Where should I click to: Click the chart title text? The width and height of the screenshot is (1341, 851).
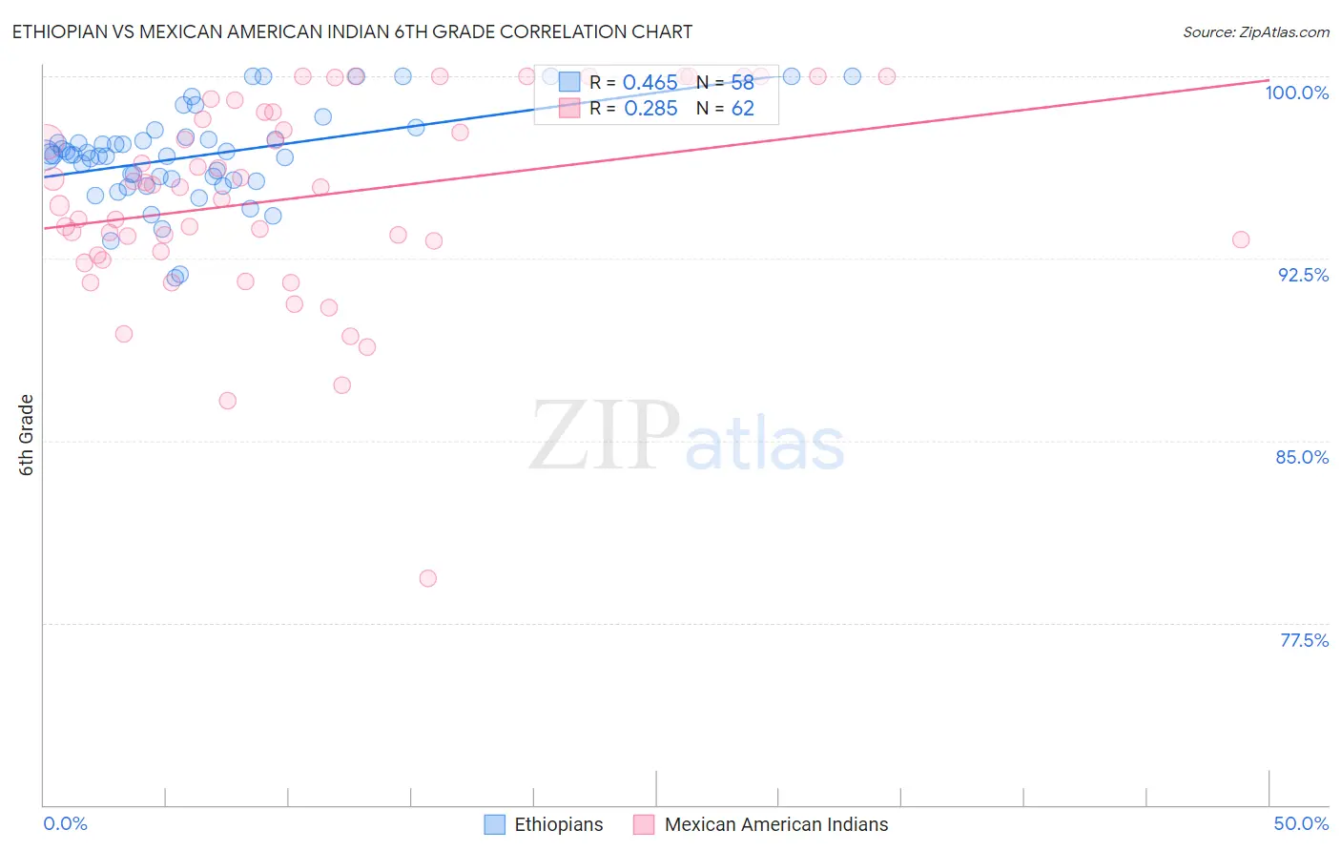352,31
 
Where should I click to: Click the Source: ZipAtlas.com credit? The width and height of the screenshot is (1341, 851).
1255,31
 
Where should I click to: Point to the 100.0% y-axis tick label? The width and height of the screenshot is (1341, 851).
1296,93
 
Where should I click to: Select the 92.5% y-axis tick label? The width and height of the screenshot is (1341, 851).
1303,275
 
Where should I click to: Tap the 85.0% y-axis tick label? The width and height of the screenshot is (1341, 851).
1302,457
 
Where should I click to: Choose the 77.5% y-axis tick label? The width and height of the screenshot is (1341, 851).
1304,640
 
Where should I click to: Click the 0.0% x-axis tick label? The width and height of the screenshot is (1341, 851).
65,823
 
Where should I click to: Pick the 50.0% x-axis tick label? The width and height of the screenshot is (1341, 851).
1301,823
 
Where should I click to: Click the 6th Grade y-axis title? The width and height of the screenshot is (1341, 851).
27,434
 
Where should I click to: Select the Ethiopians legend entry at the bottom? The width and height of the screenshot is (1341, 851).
558,824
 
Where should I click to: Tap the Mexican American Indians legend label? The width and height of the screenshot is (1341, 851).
775,824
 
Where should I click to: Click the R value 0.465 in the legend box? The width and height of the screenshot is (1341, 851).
650,83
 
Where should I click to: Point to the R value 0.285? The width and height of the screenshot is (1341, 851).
650,109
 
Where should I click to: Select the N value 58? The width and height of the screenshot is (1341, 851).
742,83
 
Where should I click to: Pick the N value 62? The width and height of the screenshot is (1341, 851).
742,109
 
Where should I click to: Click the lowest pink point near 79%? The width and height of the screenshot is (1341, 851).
428,578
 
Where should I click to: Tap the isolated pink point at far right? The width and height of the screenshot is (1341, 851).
1241,239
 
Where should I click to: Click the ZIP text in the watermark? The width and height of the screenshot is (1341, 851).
604,435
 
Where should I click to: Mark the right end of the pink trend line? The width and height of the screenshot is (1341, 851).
1269,80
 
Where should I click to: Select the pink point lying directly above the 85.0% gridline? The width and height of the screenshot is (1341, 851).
227,401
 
